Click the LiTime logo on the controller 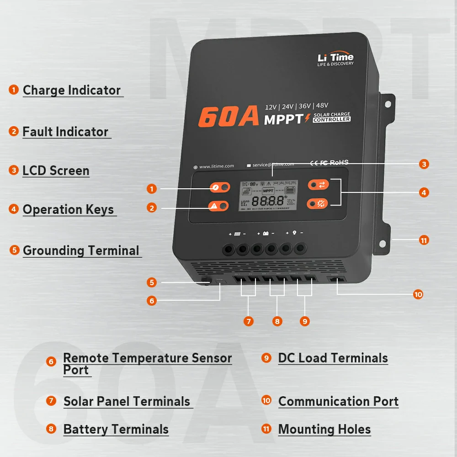click(335, 59)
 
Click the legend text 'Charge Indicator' click(72, 90)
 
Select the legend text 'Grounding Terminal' click(81, 250)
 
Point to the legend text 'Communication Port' click(338, 401)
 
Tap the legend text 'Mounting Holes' click(324, 430)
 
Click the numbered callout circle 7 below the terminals click(248, 321)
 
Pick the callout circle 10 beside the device click(418, 294)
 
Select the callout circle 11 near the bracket click(424, 239)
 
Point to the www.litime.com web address click(217, 166)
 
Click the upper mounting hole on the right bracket click(388, 104)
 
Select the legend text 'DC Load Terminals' click(333, 358)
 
